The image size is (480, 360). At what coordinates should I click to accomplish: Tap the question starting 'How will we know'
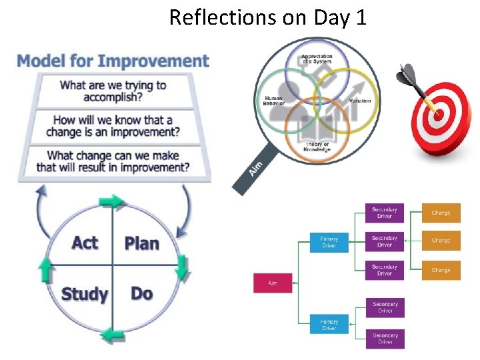point(113,126)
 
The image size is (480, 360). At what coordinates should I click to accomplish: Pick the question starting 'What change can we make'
point(113,161)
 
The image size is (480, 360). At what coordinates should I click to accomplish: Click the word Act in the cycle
point(85,243)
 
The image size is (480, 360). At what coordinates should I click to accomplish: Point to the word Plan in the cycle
point(141,243)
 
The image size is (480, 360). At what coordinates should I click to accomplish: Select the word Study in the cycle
point(85,294)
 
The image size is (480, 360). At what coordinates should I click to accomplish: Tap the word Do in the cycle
point(141,293)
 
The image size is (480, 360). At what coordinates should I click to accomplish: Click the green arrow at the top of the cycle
point(112,201)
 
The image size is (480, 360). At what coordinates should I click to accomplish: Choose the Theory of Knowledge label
point(317,146)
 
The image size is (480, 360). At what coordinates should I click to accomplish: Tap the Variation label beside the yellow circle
point(360,101)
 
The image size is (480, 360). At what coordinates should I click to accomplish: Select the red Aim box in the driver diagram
point(273,283)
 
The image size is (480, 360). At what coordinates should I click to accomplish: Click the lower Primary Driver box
point(329,325)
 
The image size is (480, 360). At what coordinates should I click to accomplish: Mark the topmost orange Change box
point(441,213)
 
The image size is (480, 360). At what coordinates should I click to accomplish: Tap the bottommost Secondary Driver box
point(385,339)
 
